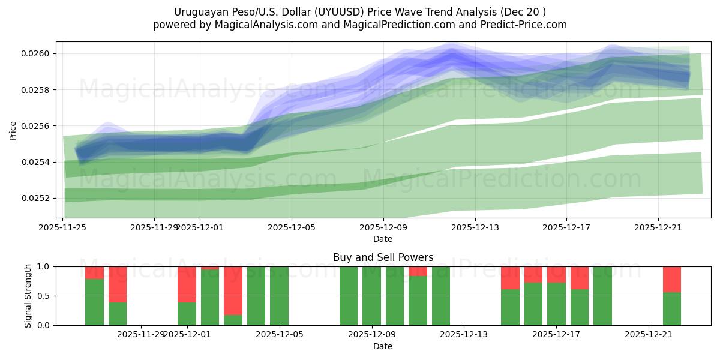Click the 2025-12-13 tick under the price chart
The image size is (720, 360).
click(475, 227)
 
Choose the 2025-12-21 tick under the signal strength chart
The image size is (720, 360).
click(649, 335)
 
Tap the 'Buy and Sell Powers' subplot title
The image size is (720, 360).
click(383, 257)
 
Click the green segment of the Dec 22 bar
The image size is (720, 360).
click(671, 309)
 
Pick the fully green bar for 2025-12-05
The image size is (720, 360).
click(279, 296)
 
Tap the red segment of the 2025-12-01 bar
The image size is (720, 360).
click(187, 284)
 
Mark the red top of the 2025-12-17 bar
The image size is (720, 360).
click(556, 274)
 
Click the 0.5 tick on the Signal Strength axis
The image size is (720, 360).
click(46, 296)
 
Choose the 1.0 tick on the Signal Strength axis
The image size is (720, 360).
click(46, 266)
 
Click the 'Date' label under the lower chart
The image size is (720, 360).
click(383, 346)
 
